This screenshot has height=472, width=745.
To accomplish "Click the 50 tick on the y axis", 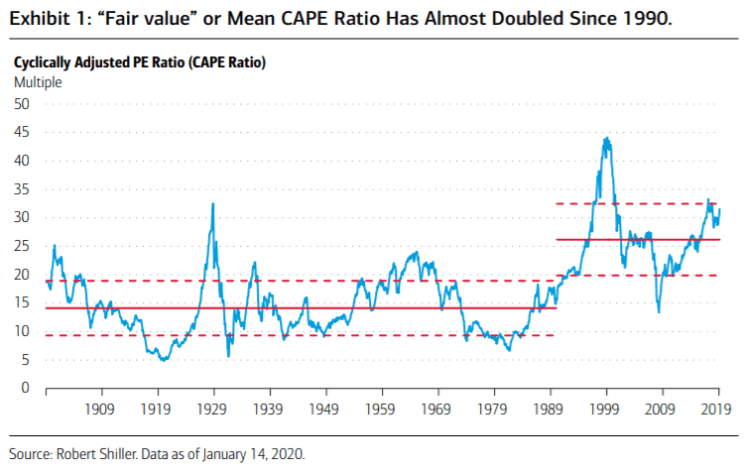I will click(x=23, y=104).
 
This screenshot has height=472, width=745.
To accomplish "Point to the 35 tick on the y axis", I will click(x=23, y=189).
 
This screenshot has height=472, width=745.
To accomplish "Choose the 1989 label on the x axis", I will click(x=550, y=408).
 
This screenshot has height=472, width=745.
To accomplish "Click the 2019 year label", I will click(x=717, y=408).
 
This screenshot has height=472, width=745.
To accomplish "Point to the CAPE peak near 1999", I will click(x=606, y=139).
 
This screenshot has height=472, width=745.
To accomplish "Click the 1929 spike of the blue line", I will click(x=213, y=204).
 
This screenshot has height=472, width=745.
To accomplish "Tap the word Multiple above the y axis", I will click(x=38, y=82).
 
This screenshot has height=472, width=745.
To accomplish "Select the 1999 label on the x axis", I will click(x=605, y=408).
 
